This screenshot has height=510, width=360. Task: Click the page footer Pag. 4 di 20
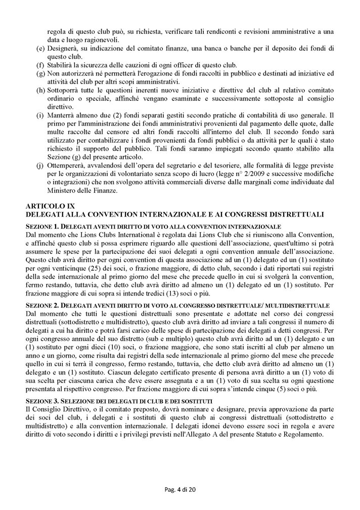180,498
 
